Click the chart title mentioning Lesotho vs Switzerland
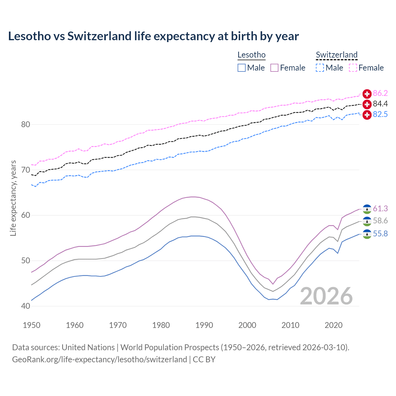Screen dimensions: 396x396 (x=153, y=36)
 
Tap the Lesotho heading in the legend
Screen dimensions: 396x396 (x=252, y=55)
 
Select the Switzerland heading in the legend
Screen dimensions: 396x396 (x=337, y=55)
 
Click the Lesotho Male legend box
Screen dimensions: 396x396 (x=242, y=68)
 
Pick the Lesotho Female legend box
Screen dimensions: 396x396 (x=274, y=68)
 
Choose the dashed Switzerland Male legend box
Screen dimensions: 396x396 (x=320, y=68)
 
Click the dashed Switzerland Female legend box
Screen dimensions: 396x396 (x=353, y=68)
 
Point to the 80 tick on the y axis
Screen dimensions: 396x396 (x=25, y=125)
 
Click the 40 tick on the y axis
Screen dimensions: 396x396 (x=25, y=306)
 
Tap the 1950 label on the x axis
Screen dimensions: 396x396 (x=32, y=325)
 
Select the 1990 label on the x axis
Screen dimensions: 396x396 (x=204, y=325)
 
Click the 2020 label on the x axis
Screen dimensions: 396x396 (x=334, y=325)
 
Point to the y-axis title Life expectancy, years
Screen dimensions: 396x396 (x=13, y=198)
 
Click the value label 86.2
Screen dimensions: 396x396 (x=380, y=93)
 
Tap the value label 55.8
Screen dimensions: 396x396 (x=380, y=234)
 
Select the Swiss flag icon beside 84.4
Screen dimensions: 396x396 (x=367, y=104)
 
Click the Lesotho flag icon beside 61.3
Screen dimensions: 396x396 (x=367, y=209)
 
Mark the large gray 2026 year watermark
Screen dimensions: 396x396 (x=326, y=296)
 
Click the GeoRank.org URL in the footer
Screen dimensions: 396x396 (x=99, y=359)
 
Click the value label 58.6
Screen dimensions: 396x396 (x=380, y=221)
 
